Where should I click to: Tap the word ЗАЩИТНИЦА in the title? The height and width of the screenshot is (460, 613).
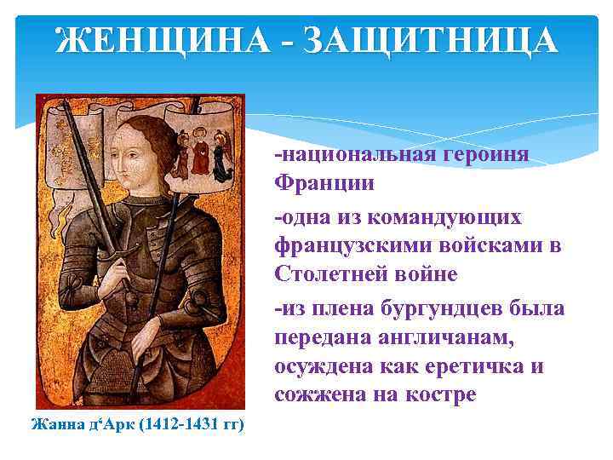click(426, 41)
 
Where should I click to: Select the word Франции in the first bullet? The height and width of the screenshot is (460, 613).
click(323, 183)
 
